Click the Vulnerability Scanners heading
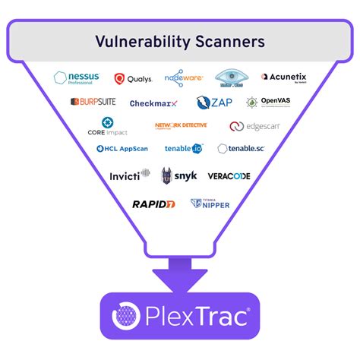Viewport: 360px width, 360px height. tap(180, 41)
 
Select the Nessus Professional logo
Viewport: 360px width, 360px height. tap(76, 77)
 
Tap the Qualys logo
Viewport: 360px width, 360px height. tap(134, 78)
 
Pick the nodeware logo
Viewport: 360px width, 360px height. tap(185, 77)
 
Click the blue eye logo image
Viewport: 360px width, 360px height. tap(232, 77)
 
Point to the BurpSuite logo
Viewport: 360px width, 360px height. tap(96, 102)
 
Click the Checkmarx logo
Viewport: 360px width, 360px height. tap(153, 103)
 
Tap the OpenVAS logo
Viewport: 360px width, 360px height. tap(269, 102)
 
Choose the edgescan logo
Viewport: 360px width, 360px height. tap(254, 127)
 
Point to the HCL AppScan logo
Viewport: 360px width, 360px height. tap(122, 149)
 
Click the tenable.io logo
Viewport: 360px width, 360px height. tap(183, 149)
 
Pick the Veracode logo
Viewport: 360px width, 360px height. tap(229, 176)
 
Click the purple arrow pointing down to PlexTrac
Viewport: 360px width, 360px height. tap(180, 272)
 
